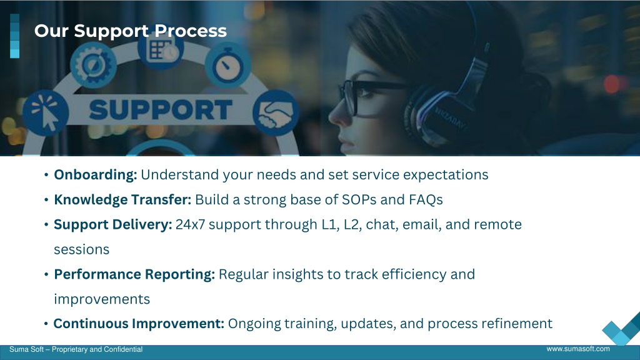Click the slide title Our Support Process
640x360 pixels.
[130, 31]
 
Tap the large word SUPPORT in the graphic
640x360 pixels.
[161, 110]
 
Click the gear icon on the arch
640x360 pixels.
[94, 65]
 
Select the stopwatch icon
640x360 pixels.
[227, 65]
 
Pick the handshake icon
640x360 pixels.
[276, 112]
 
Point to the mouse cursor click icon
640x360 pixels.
[46, 113]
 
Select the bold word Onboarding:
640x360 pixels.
[96, 175]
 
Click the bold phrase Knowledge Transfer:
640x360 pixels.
[122, 199]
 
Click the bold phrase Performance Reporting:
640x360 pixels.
[134, 274]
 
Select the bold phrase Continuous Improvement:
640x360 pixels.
[139, 324]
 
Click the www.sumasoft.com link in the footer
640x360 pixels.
[578, 349]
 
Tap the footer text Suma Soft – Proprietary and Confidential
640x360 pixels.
[76, 349]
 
